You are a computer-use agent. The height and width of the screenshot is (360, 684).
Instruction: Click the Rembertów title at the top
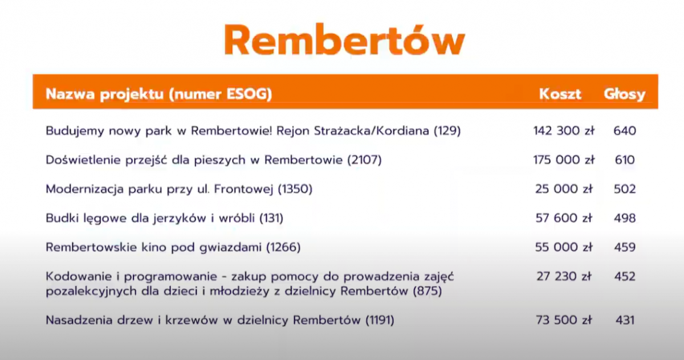click(x=344, y=40)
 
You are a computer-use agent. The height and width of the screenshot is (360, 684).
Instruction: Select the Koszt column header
click(x=560, y=93)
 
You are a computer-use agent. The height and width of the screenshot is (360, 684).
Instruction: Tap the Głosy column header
click(x=625, y=94)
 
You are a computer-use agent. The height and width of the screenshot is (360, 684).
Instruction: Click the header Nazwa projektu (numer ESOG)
click(x=159, y=94)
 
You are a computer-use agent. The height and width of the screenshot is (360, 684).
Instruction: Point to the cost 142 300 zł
click(x=564, y=131)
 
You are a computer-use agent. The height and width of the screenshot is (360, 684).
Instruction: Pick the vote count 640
click(x=625, y=131)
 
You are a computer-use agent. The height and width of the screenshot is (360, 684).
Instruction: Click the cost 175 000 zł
click(x=564, y=160)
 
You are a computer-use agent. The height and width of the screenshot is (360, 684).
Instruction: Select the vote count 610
click(x=625, y=160)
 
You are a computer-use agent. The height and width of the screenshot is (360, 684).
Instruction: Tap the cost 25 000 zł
click(x=564, y=189)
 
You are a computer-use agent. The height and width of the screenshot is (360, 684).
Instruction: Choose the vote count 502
click(x=625, y=189)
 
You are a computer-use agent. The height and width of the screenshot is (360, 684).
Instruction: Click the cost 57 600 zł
click(x=564, y=218)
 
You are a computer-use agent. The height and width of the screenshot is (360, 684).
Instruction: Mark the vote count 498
click(x=625, y=218)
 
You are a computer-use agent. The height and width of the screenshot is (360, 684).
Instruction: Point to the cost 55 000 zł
click(x=564, y=247)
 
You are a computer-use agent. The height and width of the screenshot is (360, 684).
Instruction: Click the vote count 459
click(x=625, y=247)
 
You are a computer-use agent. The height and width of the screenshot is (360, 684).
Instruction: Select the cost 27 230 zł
click(x=564, y=276)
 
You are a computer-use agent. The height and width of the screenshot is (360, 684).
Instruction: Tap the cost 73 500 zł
click(x=564, y=320)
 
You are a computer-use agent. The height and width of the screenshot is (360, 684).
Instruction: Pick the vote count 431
click(x=625, y=320)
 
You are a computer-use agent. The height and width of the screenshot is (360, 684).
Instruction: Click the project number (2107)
click(x=365, y=160)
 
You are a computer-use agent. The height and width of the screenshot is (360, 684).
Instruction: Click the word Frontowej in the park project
click(x=243, y=189)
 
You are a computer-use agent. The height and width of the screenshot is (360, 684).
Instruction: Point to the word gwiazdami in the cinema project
click(x=230, y=247)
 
